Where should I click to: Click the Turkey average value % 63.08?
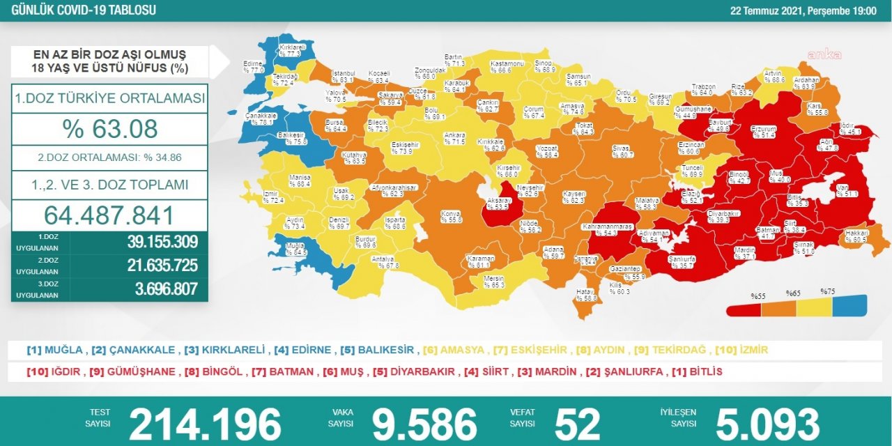pos(109,128)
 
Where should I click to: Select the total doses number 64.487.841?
pos(109,215)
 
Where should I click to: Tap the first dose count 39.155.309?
pos(162,242)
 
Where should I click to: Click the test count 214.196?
pos(205,424)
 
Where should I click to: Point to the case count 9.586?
pos(424,424)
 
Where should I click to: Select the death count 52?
pos(577,424)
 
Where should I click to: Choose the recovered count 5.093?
pos(767,424)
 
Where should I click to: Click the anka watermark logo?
pos(824,54)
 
